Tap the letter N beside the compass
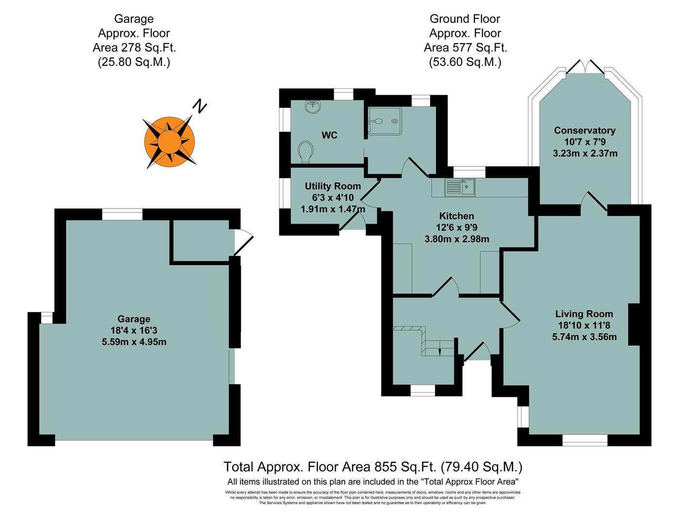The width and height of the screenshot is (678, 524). coord(199,106)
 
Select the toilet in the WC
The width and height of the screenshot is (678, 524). coord(306,151)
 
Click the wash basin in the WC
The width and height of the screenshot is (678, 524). coord(313,107)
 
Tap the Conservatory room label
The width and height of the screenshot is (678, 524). coord(584,130)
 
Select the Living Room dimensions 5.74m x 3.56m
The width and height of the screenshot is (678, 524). coord(584,337)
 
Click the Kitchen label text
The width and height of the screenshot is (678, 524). coord(456,216)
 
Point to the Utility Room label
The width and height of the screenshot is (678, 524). coord(333,186)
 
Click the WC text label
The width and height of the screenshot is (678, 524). coord(329,135)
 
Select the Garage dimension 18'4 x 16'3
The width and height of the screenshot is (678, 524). coord(134,330)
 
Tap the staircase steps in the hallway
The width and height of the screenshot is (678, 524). coord(439,347)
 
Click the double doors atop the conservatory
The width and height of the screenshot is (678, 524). coord(585,67)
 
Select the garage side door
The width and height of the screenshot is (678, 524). coord(243,241)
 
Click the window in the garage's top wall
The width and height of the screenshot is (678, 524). coord(122,214)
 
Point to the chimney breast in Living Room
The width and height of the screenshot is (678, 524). coord(634,324)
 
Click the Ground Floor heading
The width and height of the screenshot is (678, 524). coord(465,19)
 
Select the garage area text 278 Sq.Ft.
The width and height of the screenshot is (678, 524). coord(134,48)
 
